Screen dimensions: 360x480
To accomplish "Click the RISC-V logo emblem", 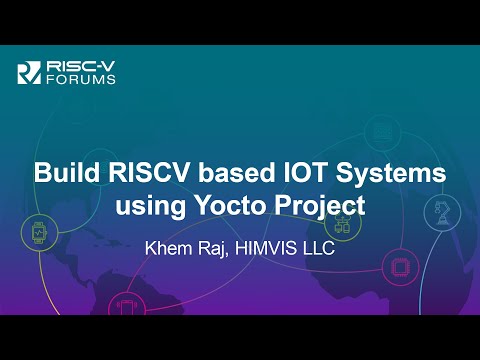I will pyautogui.click(x=29, y=71).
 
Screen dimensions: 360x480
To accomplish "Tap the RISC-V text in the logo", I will pyautogui.click(x=70, y=65).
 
